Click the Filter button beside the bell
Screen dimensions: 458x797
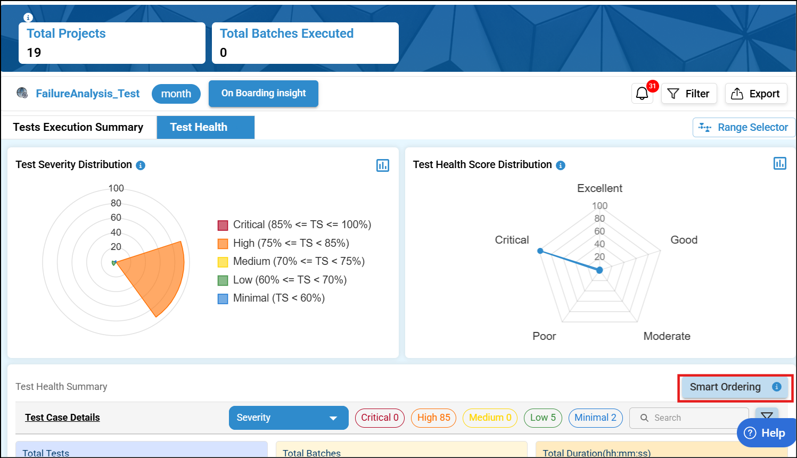pos(689,94)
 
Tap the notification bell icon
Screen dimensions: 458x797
pos(642,94)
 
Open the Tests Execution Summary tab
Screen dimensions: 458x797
pos(78,127)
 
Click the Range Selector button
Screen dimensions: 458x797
pos(744,127)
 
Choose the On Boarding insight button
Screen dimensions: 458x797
pos(264,93)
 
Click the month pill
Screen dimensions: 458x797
pos(176,94)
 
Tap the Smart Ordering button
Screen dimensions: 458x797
pos(726,387)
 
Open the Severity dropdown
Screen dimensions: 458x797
pos(289,418)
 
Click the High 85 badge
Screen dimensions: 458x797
pos(433,418)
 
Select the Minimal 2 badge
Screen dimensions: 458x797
pos(595,418)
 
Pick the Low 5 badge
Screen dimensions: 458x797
pos(543,418)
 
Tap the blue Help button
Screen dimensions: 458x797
pos(765,433)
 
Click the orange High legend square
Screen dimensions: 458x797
pos(223,244)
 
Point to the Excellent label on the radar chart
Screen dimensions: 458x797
pos(599,188)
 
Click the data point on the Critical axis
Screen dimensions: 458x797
pos(540,251)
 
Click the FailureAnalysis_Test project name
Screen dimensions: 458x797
pos(87,94)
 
